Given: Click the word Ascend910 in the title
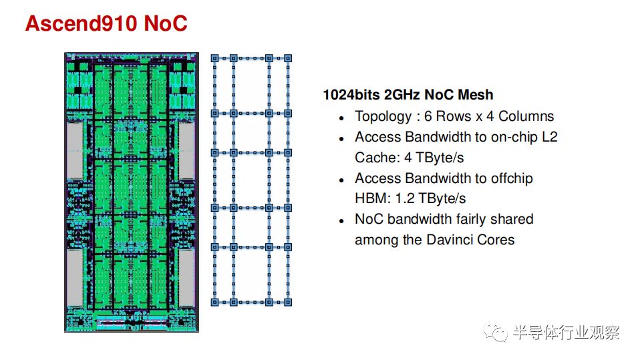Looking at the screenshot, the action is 81,23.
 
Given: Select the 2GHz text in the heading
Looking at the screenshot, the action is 402,95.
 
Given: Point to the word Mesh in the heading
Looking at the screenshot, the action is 475,95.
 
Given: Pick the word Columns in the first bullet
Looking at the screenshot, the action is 526,116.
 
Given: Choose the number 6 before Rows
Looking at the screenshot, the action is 428,116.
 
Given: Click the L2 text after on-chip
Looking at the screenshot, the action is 549,137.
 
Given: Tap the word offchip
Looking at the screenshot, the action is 512,178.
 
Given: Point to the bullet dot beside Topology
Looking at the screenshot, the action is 341,118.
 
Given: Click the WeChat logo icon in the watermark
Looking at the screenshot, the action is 495,332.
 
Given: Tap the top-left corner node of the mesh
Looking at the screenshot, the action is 214,58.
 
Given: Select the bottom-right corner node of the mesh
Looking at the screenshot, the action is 288,303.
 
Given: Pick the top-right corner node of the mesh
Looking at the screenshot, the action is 288,58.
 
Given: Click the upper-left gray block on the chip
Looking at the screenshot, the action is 75,150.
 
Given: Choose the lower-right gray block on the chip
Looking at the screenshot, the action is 186,278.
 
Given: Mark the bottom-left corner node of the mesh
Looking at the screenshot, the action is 214,303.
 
